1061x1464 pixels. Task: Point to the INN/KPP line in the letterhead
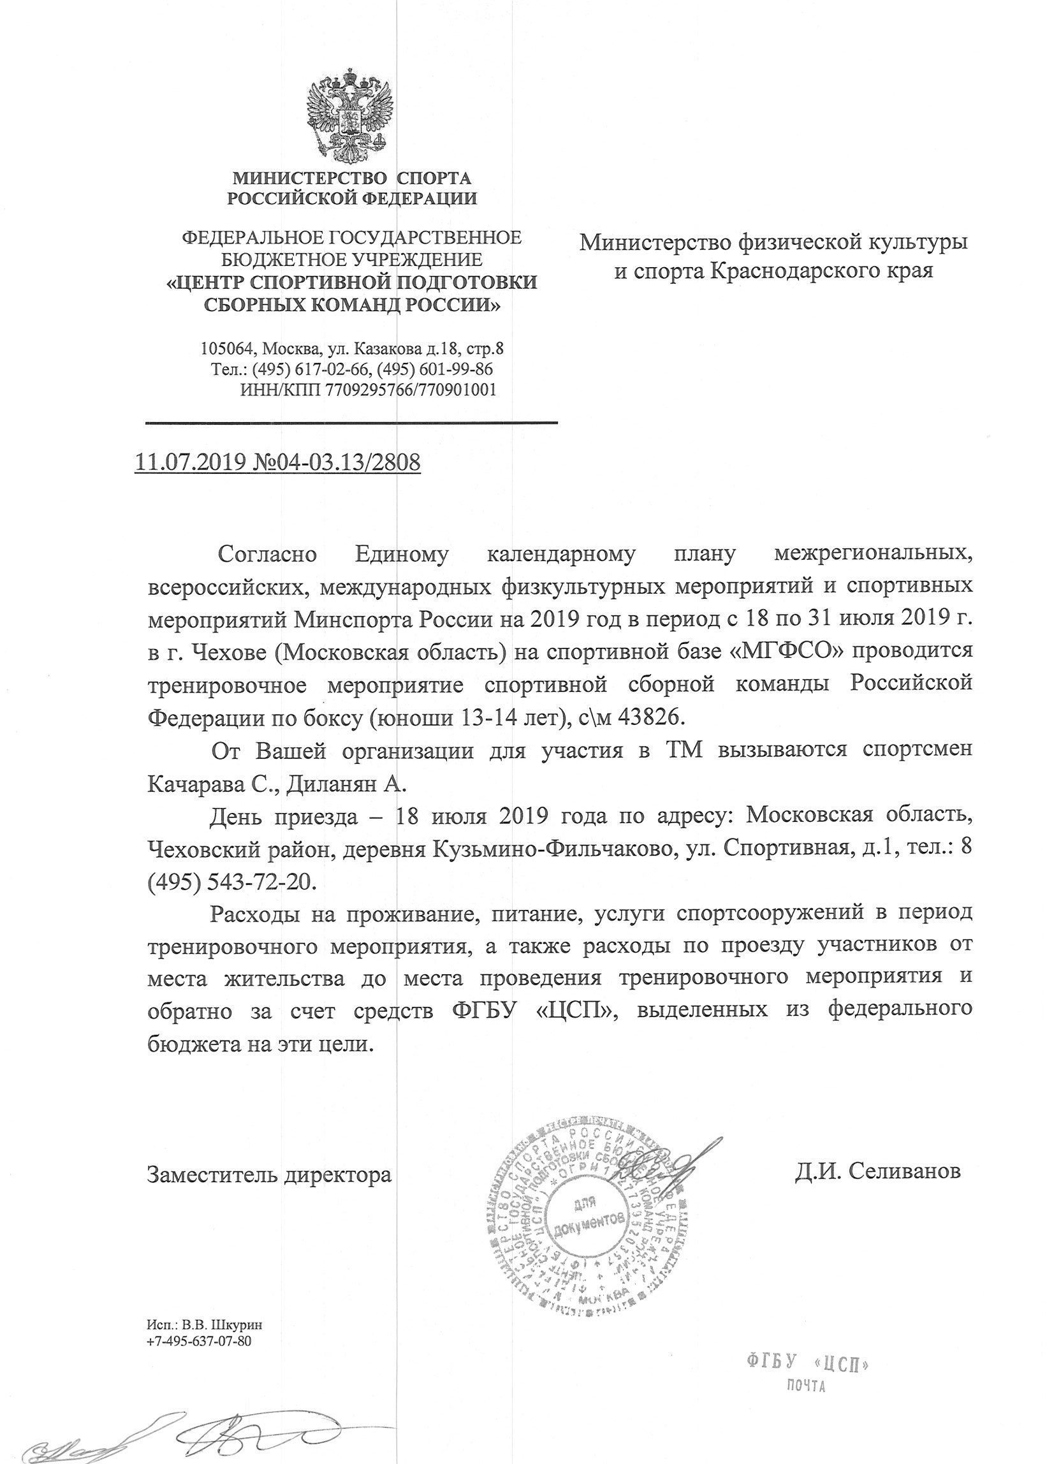point(368,390)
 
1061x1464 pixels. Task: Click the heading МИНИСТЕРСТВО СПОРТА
point(352,177)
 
